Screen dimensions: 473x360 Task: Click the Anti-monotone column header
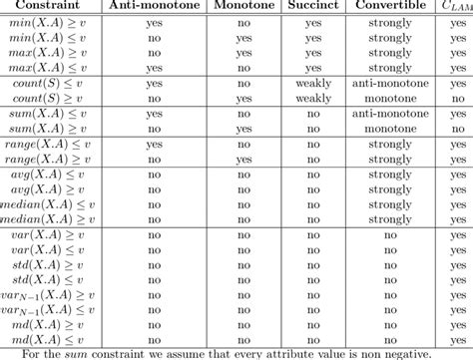pyautogui.click(x=154, y=6)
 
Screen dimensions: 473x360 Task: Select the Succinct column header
pyautogui.click(x=314, y=6)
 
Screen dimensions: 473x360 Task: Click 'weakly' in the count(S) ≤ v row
pyautogui.click(x=314, y=85)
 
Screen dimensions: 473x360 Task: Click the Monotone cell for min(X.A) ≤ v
pyautogui.click(x=244, y=39)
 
